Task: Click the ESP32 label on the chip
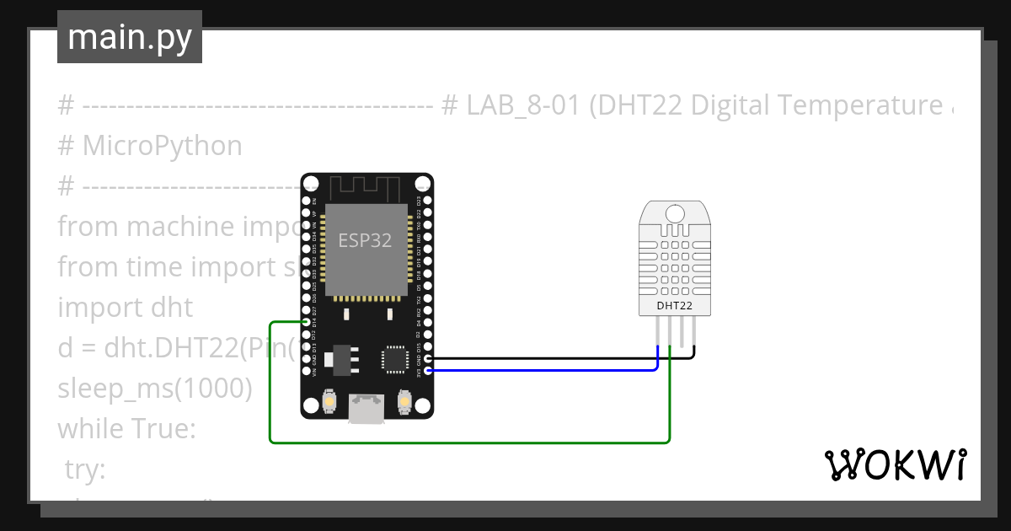[x=365, y=240]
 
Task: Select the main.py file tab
[x=130, y=37]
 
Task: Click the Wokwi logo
[x=895, y=464]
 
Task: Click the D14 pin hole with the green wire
[x=306, y=322]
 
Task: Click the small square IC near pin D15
[x=394, y=357]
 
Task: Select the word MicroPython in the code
[x=162, y=146]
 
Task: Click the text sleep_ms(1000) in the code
[x=154, y=389]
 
